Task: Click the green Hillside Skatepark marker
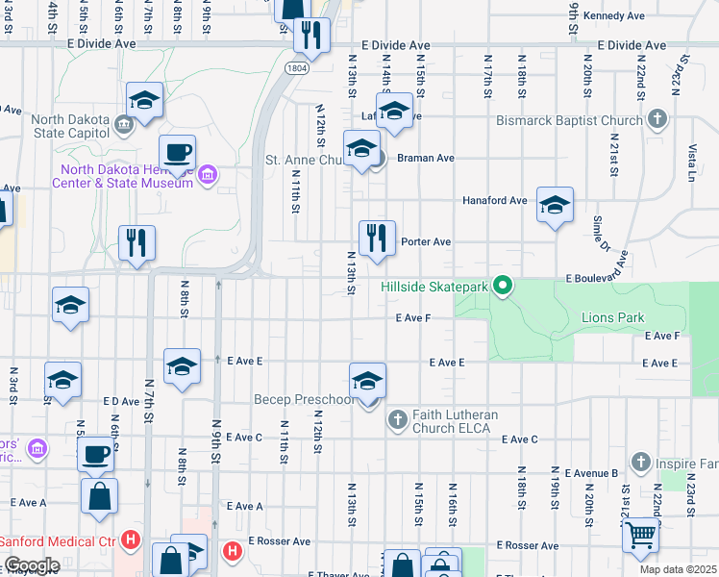coord(501,286)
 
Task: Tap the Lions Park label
coord(612,317)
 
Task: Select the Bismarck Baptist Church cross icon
coord(657,120)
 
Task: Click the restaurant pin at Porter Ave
coord(377,237)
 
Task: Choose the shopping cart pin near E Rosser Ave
coord(641,534)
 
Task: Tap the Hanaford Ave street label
coord(495,200)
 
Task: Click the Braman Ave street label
coord(427,158)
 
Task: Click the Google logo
coord(31,565)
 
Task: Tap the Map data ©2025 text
coord(678,569)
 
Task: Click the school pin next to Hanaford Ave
coord(555,205)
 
